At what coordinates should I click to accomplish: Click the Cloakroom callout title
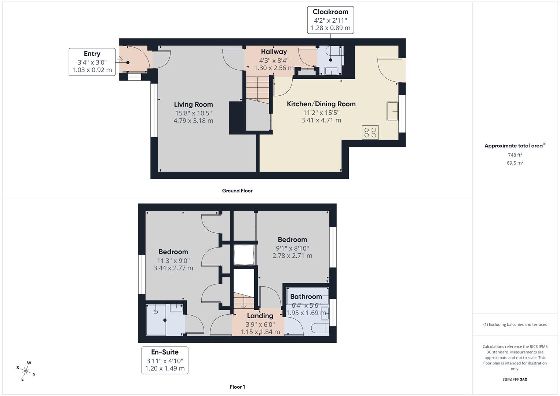(x=330, y=12)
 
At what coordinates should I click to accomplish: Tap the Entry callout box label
(x=92, y=54)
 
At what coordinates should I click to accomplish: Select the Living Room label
(x=193, y=104)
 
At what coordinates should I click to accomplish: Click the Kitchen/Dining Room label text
(x=321, y=104)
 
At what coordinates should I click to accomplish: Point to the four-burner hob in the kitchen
(x=370, y=132)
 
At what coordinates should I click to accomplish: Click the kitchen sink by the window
(x=392, y=111)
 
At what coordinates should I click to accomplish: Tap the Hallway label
(x=274, y=52)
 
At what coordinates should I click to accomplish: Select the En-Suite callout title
(x=165, y=352)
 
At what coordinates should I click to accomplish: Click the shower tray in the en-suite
(x=155, y=319)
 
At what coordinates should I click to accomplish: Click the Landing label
(x=260, y=316)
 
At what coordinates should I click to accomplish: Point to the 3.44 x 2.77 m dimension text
(x=173, y=268)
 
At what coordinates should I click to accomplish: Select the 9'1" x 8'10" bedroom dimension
(x=292, y=248)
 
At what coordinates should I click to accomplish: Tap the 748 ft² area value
(x=515, y=155)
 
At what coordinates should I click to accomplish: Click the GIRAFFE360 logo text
(x=515, y=380)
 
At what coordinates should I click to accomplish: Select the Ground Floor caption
(x=237, y=191)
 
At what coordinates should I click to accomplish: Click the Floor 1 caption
(x=237, y=387)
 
